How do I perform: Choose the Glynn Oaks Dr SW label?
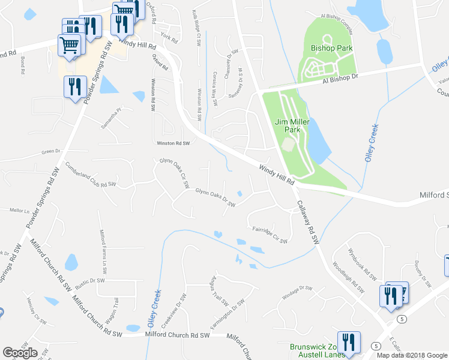pos(215,197)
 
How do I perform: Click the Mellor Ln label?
pos(20,211)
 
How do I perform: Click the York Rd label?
pos(170,40)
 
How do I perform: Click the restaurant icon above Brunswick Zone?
pos(346,341)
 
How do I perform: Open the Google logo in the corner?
pos(20,353)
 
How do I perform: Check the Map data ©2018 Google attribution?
pos(412,355)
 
